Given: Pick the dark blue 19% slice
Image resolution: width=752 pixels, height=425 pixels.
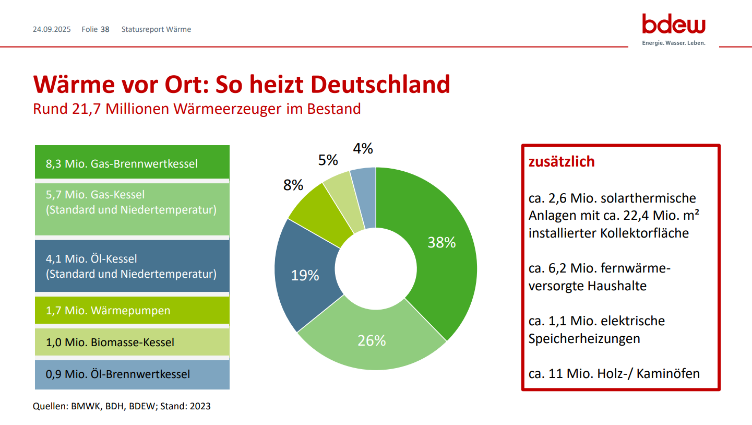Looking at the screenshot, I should tap(305, 275).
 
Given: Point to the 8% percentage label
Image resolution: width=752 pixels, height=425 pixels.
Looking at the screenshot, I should tap(293, 185).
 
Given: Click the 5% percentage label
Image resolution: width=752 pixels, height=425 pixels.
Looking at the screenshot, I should tap(328, 160).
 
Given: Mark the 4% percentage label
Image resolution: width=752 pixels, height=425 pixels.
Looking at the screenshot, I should tap(363, 149).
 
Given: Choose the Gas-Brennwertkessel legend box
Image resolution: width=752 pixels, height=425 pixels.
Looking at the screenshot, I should tap(132, 162).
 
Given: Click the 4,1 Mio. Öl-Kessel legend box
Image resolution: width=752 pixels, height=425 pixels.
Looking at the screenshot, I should tap(132, 266).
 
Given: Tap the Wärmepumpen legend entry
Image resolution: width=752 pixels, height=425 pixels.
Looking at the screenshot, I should tap(132, 311).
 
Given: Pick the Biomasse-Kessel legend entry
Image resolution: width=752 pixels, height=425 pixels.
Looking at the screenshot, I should tap(132, 343).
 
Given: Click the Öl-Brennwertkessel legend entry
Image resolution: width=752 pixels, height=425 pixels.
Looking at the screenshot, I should tap(132, 374).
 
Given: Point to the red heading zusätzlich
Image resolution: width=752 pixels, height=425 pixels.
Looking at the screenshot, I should tap(562, 162).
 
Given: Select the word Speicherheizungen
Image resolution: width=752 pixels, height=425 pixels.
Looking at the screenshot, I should tap(584, 338).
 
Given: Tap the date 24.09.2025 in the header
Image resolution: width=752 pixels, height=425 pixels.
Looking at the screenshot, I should tap(52, 29).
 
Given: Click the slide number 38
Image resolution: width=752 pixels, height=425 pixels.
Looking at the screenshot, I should tap(105, 29).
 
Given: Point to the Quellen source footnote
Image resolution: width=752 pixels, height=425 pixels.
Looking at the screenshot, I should tap(122, 406).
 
